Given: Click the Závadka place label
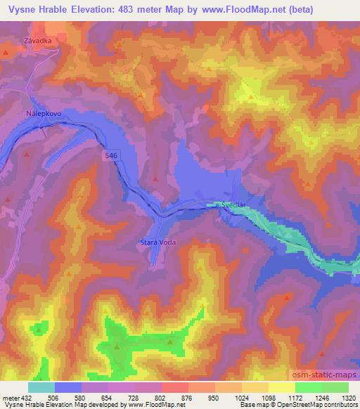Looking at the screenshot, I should coord(38,40).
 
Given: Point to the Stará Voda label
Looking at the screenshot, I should coord(155,242).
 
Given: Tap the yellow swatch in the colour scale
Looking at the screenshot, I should coord(282,387).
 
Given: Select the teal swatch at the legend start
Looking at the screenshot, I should coord(41,387).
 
